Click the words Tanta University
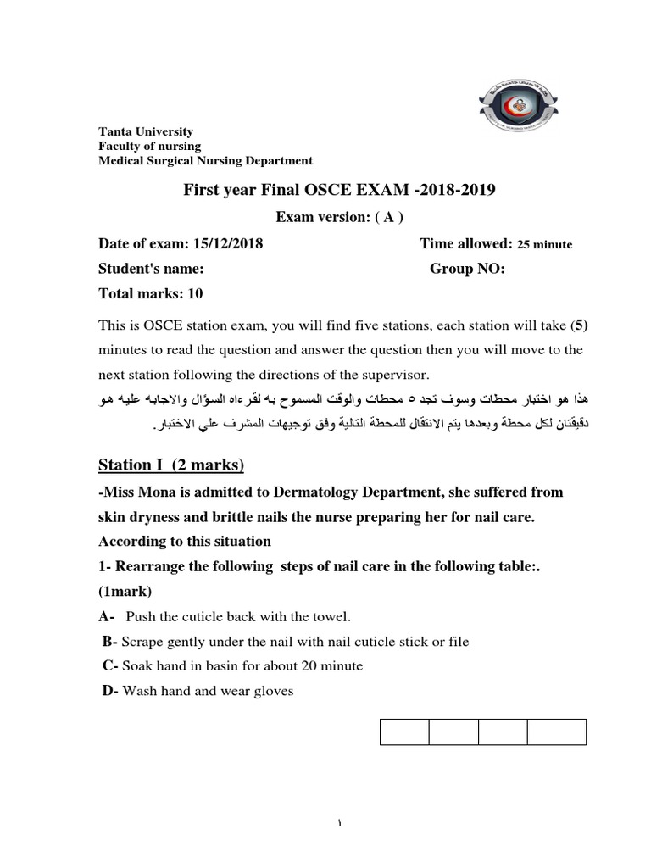146,131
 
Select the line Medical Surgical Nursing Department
205,160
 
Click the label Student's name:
151,269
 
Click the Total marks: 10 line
151,294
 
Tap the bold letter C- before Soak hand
110,665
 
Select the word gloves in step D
271,691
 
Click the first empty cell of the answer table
403,732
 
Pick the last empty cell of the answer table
556,732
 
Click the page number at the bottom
326,823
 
